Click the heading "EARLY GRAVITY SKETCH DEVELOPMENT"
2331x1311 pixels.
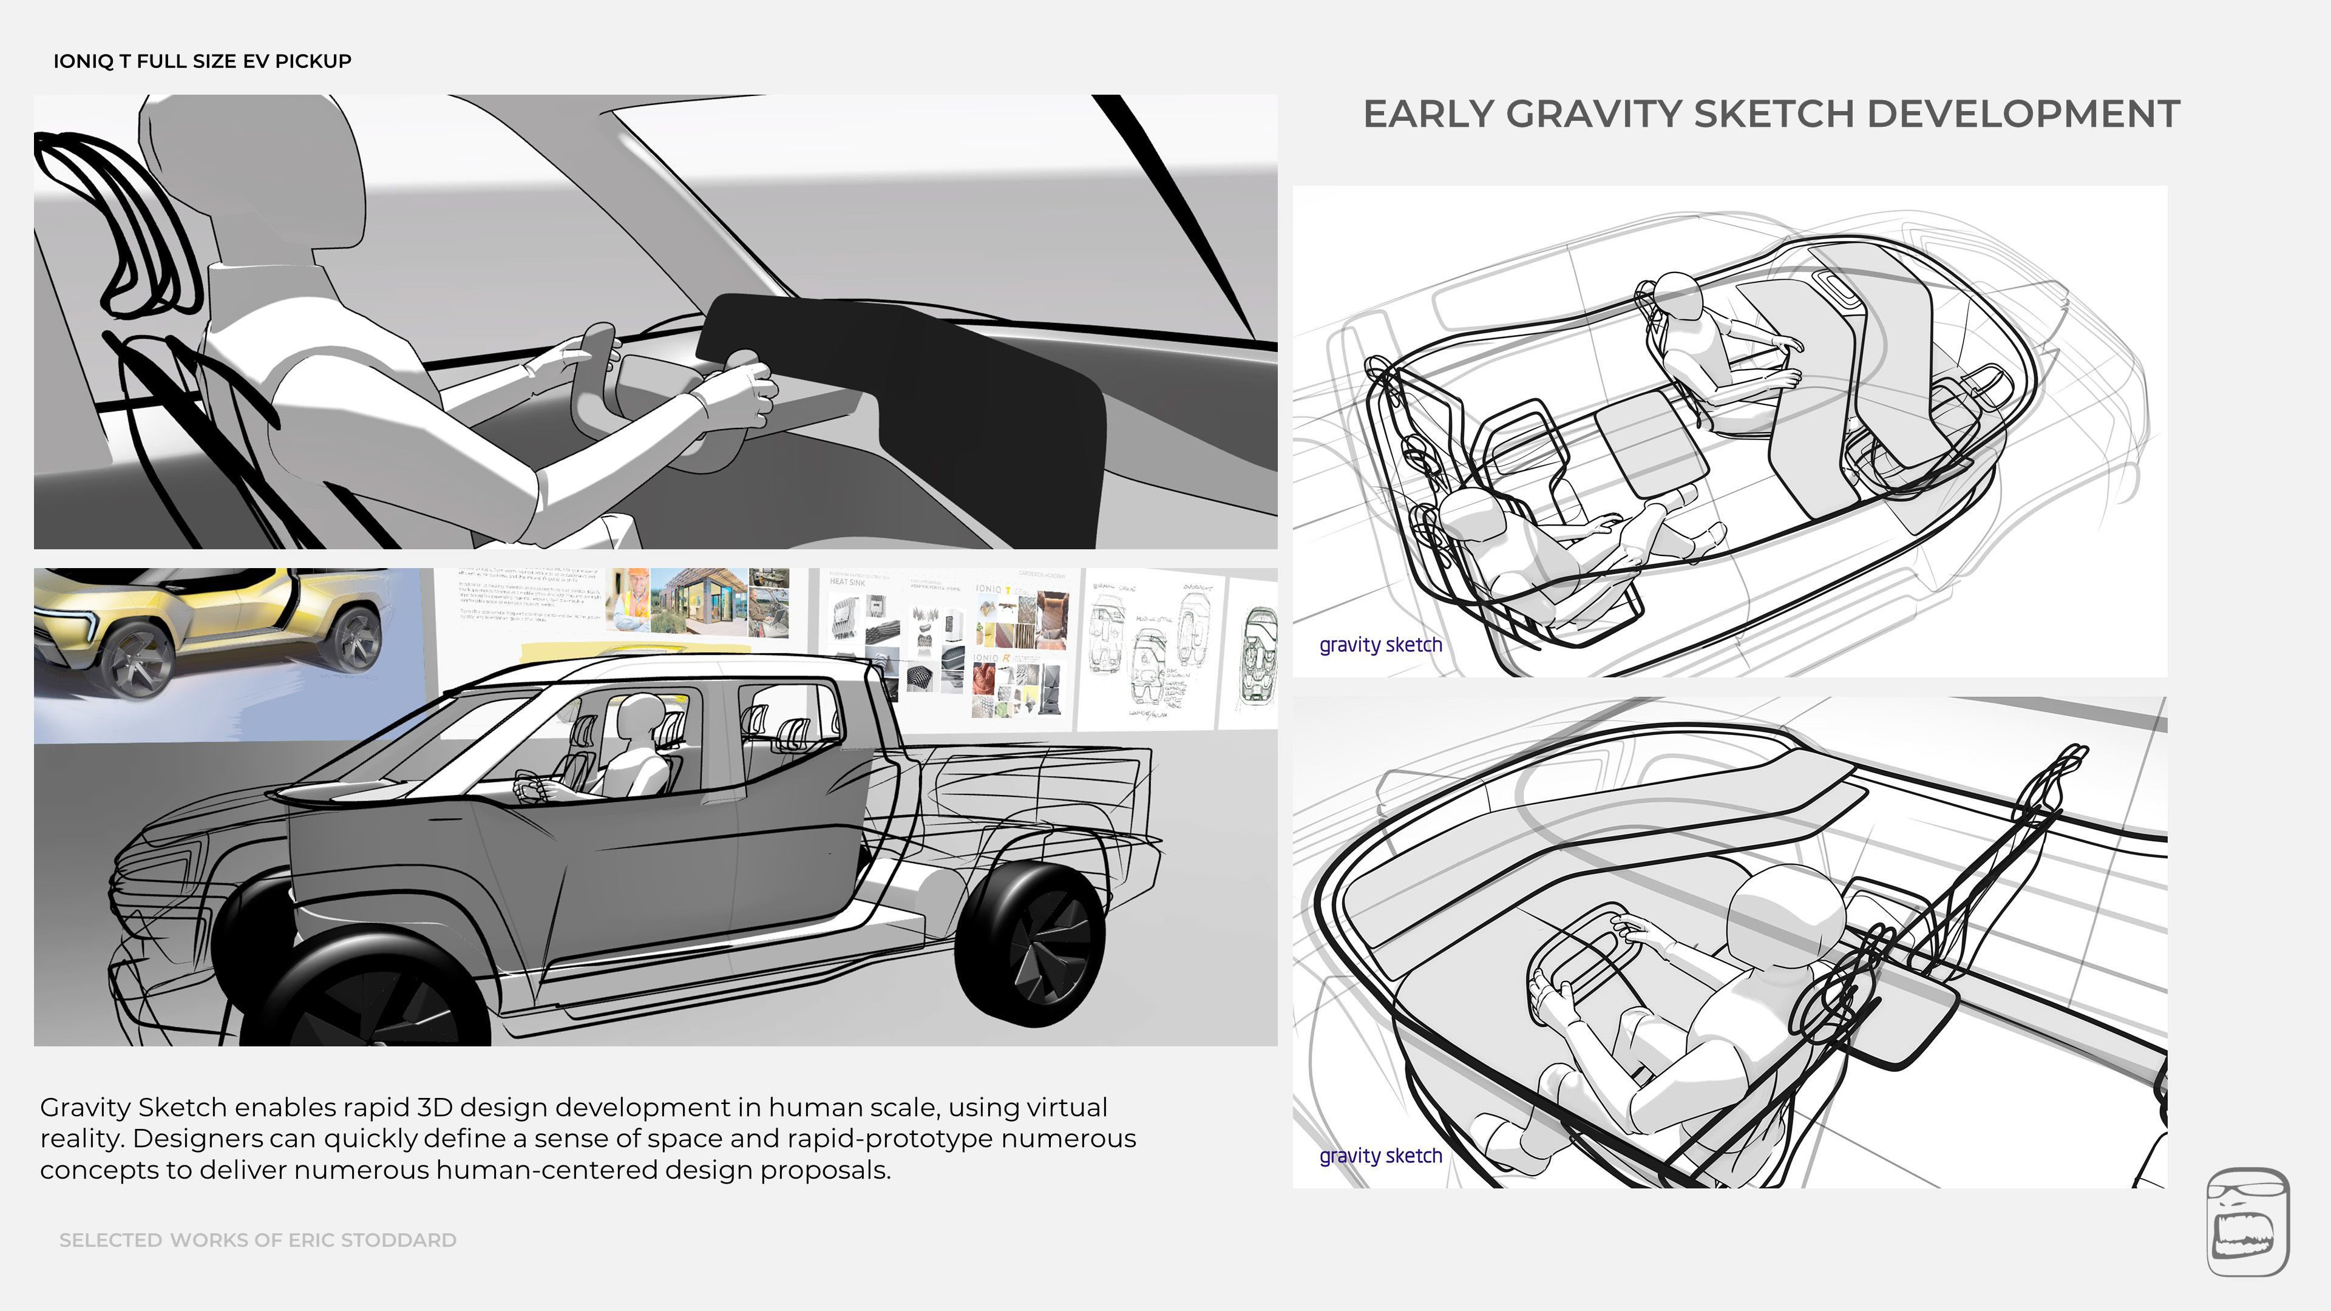pos(1771,115)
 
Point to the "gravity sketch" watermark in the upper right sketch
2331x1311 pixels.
pos(1380,645)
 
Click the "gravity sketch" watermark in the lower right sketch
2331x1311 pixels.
pos(1380,1156)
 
